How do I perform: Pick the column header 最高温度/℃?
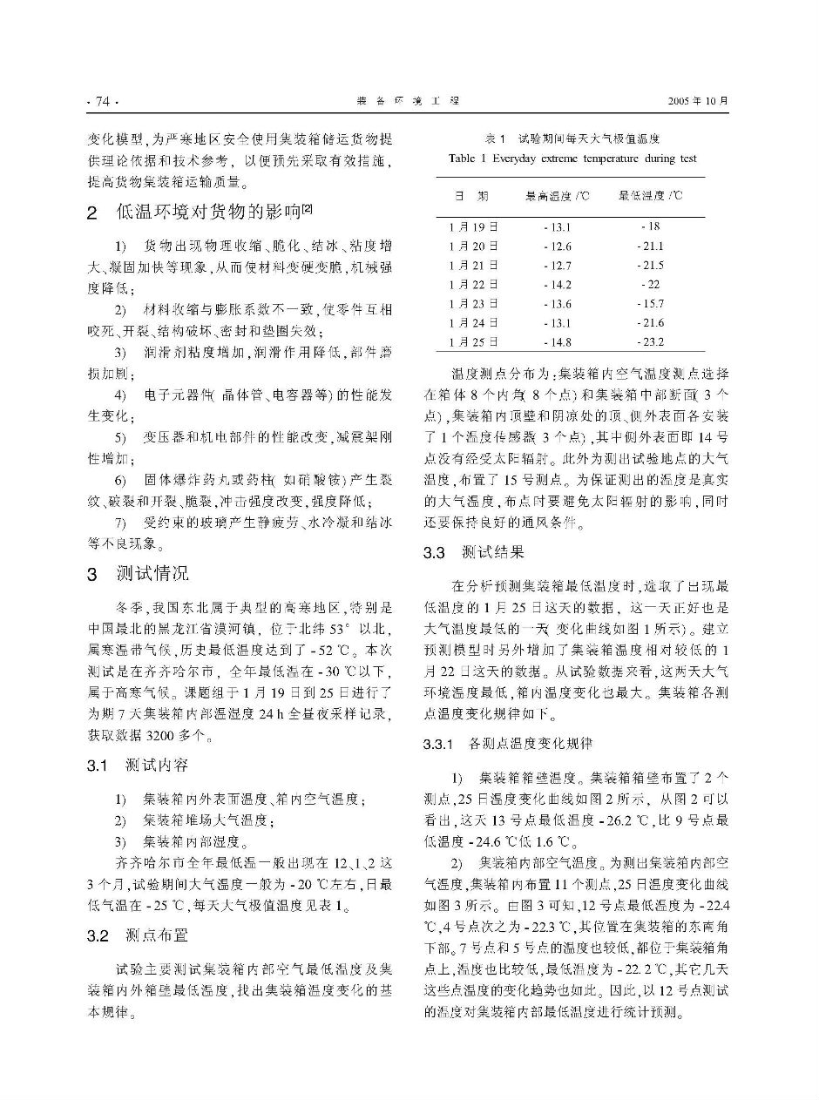(558, 196)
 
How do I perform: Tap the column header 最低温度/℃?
(650, 196)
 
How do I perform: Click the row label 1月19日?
(474, 227)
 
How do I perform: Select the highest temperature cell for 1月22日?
(557, 285)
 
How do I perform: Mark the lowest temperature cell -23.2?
(650, 342)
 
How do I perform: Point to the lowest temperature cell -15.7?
(650, 304)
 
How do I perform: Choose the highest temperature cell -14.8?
(557, 342)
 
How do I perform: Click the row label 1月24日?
(474, 323)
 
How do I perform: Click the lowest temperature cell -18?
(650, 227)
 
